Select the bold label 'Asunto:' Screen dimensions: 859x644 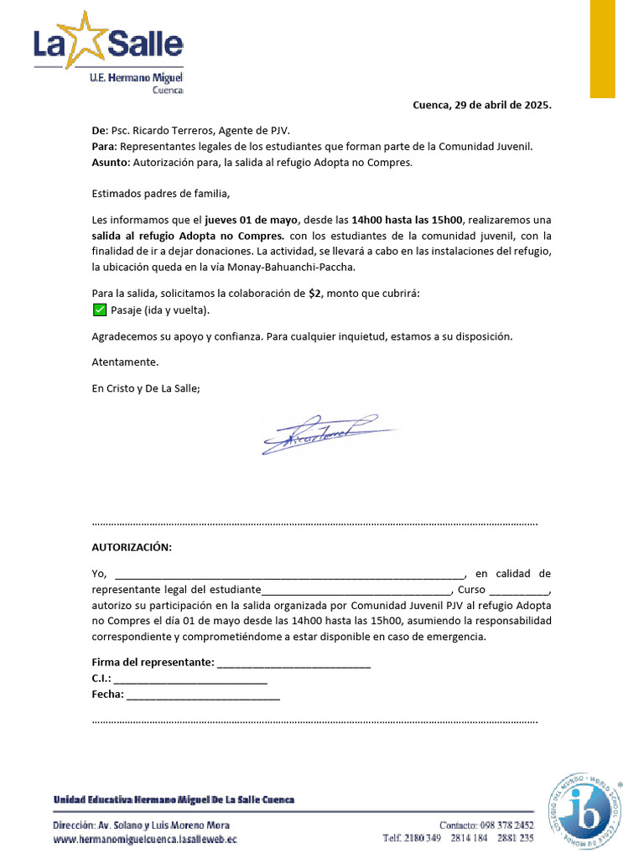coord(111,162)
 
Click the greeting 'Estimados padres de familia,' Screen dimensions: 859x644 coord(160,194)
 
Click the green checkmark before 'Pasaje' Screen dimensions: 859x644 coord(98,310)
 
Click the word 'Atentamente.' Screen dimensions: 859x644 coord(124,362)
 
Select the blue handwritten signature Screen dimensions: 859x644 coord(326,433)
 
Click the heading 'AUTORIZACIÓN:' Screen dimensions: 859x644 coord(131,548)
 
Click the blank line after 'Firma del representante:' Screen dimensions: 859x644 coord(293,663)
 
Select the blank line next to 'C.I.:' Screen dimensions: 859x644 coord(190,679)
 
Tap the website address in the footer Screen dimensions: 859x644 coord(145,838)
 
